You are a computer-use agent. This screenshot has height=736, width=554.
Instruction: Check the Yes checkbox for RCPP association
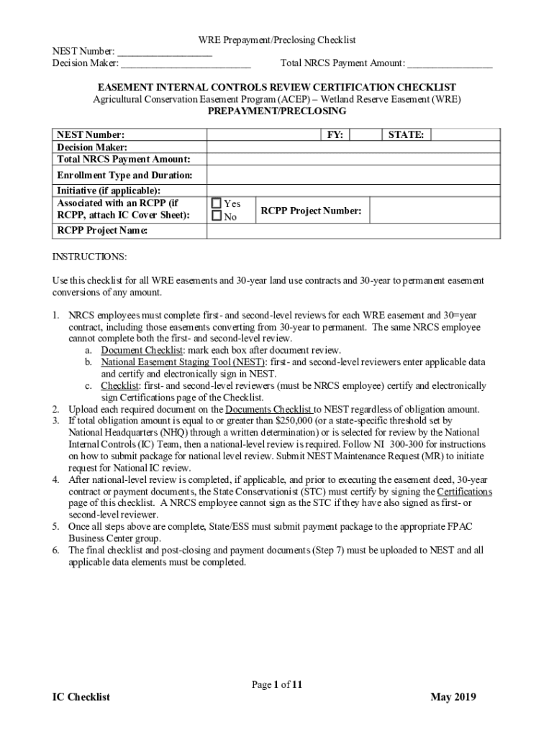[217, 203]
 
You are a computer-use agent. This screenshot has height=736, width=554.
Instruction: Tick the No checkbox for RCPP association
[217, 216]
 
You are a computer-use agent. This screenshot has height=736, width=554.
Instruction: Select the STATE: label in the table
[406, 134]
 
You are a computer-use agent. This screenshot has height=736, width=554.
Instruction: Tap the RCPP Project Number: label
[311, 211]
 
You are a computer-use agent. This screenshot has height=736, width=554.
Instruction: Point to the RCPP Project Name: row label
[102, 231]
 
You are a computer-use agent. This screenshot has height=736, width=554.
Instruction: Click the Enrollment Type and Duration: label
[124, 175]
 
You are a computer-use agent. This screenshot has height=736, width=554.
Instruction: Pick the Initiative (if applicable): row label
[109, 190]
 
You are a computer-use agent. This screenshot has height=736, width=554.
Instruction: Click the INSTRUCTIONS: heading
[89, 257]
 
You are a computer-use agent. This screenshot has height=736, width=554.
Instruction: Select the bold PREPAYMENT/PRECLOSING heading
[277, 111]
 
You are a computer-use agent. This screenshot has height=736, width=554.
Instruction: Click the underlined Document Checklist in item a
[142, 350]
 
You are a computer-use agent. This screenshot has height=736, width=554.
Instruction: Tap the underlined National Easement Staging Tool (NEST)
[183, 362]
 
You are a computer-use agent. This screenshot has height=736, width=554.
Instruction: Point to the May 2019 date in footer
[453, 697]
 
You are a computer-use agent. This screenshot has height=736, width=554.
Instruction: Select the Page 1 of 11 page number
[277, 685]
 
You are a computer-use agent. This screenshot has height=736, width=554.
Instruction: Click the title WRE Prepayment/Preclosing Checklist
[277, 40]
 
